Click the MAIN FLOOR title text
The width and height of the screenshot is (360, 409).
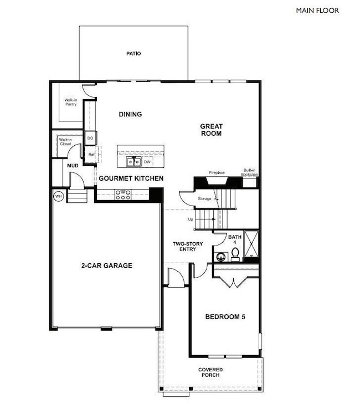click(317, 10)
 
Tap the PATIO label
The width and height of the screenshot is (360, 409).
click(133, 54)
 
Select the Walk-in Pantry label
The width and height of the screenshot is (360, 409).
click(70, 103)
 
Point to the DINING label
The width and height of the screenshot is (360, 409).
click(131, 115)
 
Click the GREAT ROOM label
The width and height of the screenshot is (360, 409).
click(211, 130)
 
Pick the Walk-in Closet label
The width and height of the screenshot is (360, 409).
click(66, 142)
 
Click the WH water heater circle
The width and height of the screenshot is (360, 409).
click(58, 196)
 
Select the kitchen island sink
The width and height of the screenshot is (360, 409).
click(133, 162)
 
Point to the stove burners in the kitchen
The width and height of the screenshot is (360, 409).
click(122, 193)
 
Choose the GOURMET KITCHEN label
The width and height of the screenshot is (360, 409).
click(131, 178)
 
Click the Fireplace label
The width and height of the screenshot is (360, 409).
click(217, 172)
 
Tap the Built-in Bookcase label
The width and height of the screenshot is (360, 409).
click(250, 172)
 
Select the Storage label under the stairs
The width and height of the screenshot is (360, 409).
click(204, 198)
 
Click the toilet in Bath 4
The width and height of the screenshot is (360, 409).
click(235, 253)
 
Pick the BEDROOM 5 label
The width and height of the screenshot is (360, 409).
click(225, 317)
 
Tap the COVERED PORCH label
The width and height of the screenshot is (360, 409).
click(210, 372)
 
